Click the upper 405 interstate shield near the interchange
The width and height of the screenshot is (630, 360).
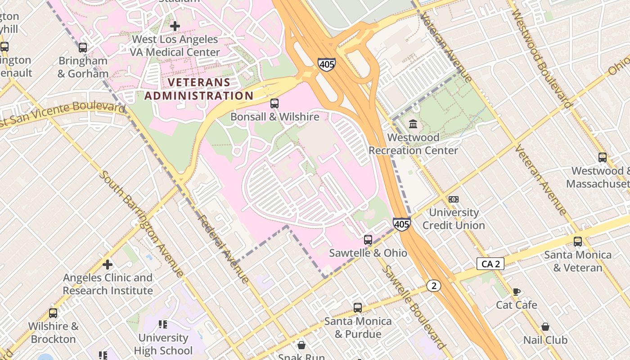pos(326,64)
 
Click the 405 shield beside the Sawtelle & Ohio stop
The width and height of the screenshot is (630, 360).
pos(401,224)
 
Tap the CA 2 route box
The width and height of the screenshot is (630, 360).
pos(490,264)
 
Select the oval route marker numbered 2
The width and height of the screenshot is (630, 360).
pos(433,285)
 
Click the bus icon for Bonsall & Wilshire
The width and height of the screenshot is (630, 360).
pos(274,103)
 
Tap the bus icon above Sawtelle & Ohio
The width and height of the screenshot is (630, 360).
pos(368,240)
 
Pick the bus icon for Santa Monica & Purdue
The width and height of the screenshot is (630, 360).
pos(358,308)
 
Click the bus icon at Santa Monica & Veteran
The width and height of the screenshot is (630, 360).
pos(578,242)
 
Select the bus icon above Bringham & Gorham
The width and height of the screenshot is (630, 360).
pos(83,48)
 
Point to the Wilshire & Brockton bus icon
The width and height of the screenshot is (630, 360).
pos(53,313)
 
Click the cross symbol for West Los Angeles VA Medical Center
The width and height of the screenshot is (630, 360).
pos(175,26)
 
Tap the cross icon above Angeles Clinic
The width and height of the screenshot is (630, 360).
pos(108,264)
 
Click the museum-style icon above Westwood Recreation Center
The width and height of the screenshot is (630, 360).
pos(413,124)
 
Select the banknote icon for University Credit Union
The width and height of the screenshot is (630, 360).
pos(454,199)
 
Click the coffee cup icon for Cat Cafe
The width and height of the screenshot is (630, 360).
pos(517,292)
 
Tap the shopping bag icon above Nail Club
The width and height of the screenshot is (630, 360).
pos(545,327)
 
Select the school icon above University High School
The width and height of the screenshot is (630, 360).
pos(163,324)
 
